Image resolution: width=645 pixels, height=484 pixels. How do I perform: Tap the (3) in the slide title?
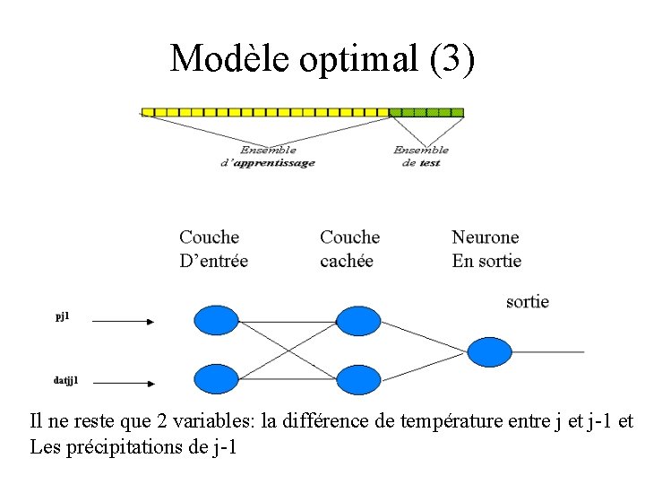point(452,59)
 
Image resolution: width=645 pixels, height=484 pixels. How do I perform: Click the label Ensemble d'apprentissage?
point(268,156)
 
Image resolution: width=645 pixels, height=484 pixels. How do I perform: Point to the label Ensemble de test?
point(421,156)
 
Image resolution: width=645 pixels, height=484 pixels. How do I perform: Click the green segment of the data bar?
point(426,112)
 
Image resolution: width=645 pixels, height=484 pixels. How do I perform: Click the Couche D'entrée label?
point(213,249)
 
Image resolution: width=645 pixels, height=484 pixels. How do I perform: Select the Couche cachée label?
point(349,249)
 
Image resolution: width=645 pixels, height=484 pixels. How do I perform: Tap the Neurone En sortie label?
point(486,249)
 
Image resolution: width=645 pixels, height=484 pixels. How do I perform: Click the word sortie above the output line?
point(527,302)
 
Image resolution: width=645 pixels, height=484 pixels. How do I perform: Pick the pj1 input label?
point(62,317)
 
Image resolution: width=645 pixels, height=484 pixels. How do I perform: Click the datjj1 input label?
point(65,380)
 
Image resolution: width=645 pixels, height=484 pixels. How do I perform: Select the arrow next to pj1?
point(123,320)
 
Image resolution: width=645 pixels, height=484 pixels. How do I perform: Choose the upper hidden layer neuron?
point(357,320)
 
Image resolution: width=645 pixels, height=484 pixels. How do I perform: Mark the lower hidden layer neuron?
point(357,380)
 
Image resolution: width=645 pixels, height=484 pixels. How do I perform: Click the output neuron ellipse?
point(489,351)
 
